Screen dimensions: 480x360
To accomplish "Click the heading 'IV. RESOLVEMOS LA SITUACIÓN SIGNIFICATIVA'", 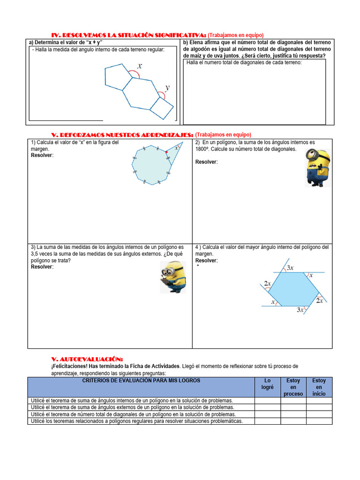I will click(x=128, y=35).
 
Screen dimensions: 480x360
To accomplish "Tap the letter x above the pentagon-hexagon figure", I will click(x=140, y=67).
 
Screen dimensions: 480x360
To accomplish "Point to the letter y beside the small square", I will click(x=167, y=88).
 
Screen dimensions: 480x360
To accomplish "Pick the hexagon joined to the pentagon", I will click(x=142, y=94).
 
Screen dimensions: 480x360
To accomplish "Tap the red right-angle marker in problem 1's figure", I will click(x=166, y=152).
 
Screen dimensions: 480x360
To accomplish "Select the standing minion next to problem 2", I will click(x=317, y=168).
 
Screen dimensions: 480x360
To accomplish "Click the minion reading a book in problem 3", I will click(x=173, y=277).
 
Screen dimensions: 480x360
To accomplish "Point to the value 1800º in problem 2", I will click(x=203, y=149).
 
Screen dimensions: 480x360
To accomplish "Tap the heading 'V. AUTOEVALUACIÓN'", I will click(x=87, y=359).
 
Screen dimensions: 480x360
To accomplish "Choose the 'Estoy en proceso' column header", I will click(x=293, y=387).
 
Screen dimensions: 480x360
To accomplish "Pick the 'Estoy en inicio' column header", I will click(x=319, y=387).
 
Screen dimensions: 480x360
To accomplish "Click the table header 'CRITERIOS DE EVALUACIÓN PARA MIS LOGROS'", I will click(x=141, y=381).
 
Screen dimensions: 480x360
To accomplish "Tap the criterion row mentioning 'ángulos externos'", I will click(x=132, y=407).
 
